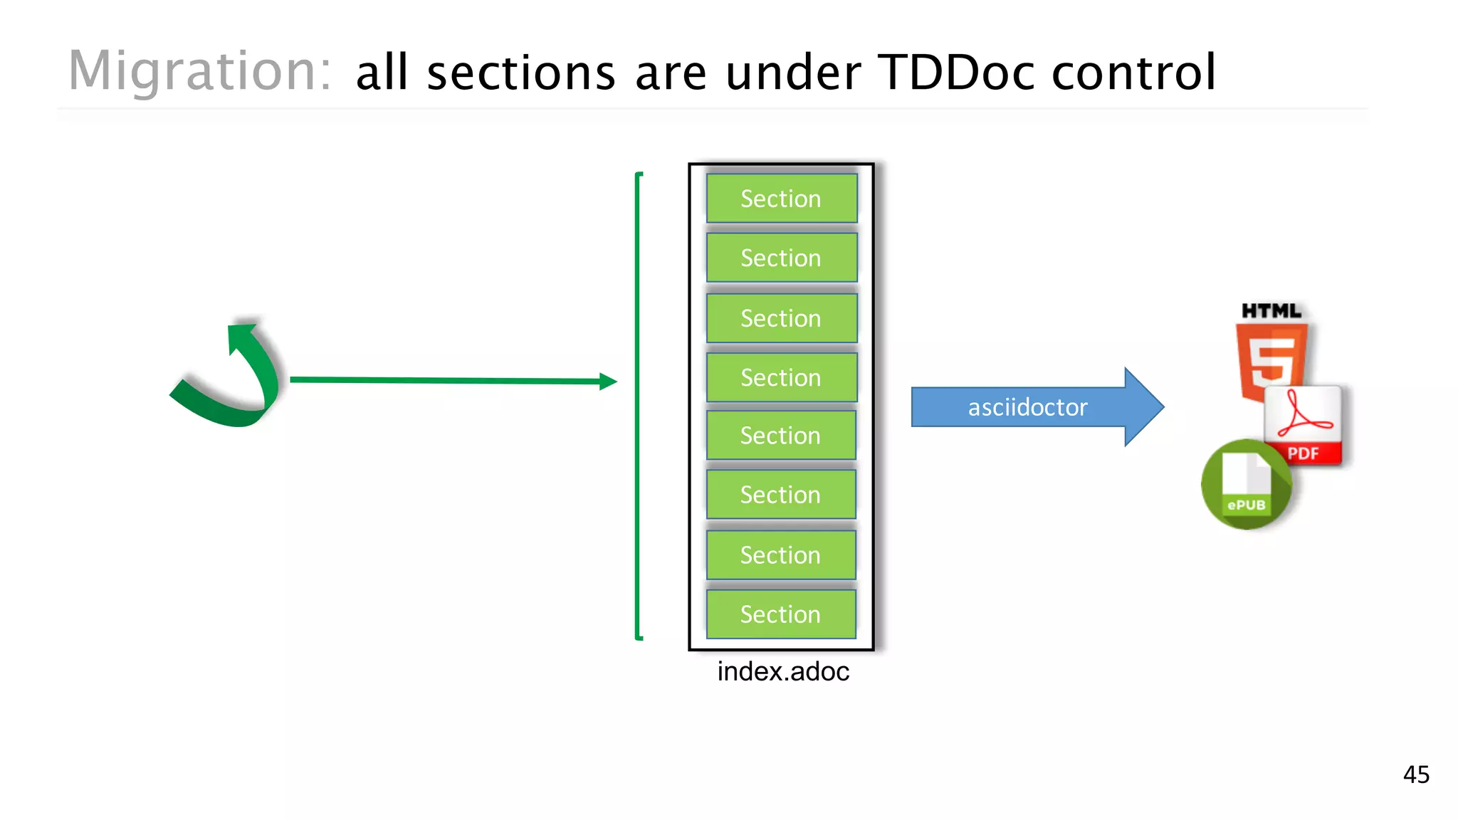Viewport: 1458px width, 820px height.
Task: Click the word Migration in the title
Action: pyautogui.click(x=199, y=71)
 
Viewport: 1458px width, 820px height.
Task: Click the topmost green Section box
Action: pyautogui.click(x=781, y=199)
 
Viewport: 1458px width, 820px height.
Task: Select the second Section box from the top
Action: pyautogui.click(x=781, y=258)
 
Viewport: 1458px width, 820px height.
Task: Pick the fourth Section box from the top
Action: pyautogui.click(x=781, y=377)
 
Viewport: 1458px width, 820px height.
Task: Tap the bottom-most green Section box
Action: pyautogui.click(x=781, y=614)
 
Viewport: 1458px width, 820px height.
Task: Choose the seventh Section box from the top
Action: pyautogui.click(x=781, y=554)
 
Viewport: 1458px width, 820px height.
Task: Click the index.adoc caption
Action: pyautogui.click(x=783, y=671)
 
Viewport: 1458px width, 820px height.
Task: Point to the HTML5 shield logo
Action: pyautogui.click(x=1271, y=359)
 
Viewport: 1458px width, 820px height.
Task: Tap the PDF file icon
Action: pyautogui.click(x=1304, y=425)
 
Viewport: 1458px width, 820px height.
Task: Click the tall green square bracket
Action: pyautogui.click(x=639, y=406)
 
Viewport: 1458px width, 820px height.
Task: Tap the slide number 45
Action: pyautogui.click(x=1416, y=774)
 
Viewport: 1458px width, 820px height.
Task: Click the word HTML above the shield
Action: pyautogui.click(x=1271, y=311)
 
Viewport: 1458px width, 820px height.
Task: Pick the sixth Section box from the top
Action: pyautogui.click(x=781, y=495)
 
